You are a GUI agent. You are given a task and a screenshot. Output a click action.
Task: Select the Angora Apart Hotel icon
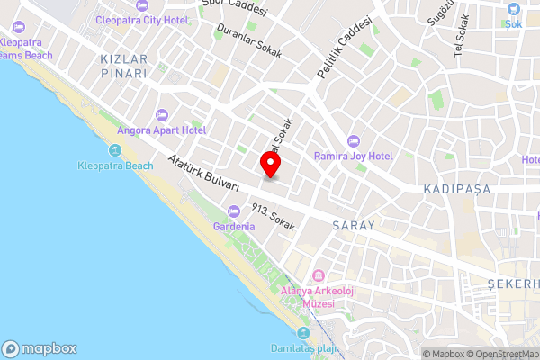[162, 115]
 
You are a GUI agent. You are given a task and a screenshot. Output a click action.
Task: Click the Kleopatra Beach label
[115, 166]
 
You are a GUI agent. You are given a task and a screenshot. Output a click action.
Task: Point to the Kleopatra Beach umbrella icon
[115, 151]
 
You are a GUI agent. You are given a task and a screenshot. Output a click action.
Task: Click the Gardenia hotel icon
[234, 211]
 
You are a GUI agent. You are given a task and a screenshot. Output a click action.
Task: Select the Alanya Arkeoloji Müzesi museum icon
[317, 275]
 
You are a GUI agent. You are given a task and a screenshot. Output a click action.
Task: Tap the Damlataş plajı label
[302, 347]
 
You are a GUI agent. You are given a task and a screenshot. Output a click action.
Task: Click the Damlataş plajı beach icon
[302, 333]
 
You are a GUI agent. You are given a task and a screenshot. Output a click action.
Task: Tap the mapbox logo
[40, 348]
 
